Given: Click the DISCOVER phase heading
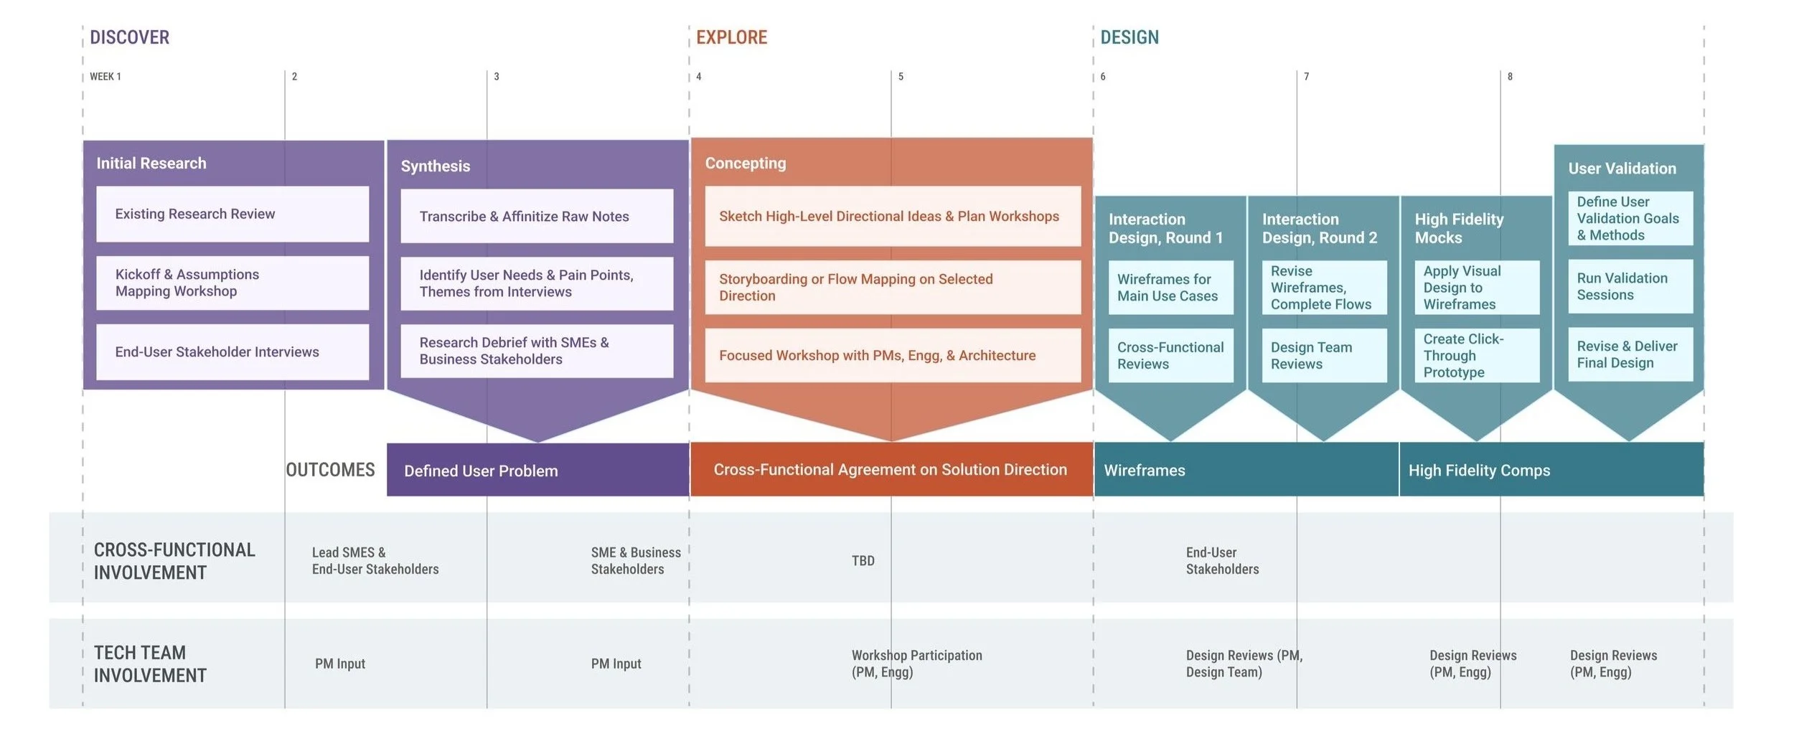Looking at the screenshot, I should coord(129,37).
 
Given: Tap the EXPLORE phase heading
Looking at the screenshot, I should coord(731,37).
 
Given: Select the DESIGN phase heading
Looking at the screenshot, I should coord(1130,37).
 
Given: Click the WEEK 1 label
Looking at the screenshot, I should coord(105,77).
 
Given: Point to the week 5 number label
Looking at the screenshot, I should coord(901,77).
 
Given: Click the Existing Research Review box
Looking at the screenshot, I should coord(233,214).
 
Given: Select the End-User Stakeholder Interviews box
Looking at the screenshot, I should coord(233,352).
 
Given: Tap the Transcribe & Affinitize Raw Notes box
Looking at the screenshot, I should coord(537,216).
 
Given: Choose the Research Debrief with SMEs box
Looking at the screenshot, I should coord(537,351).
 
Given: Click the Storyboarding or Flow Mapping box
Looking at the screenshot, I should coord(893,287).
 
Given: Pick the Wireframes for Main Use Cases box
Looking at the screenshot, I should coord(1170,288).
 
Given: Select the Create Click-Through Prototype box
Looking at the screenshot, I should coord(1477,355).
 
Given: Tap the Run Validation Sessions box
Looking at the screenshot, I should coord(1630,286).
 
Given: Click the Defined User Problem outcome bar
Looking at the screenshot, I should coord(537,471).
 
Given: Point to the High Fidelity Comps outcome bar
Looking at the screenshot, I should coord(1551,471).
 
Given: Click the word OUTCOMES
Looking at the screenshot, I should coord(330,470).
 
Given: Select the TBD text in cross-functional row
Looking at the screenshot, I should coord(863,561).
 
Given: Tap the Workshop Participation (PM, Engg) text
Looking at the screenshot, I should coord(916,664).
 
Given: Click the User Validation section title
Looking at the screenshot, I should coord(1622,169).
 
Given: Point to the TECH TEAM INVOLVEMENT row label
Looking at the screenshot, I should coord(150,664).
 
